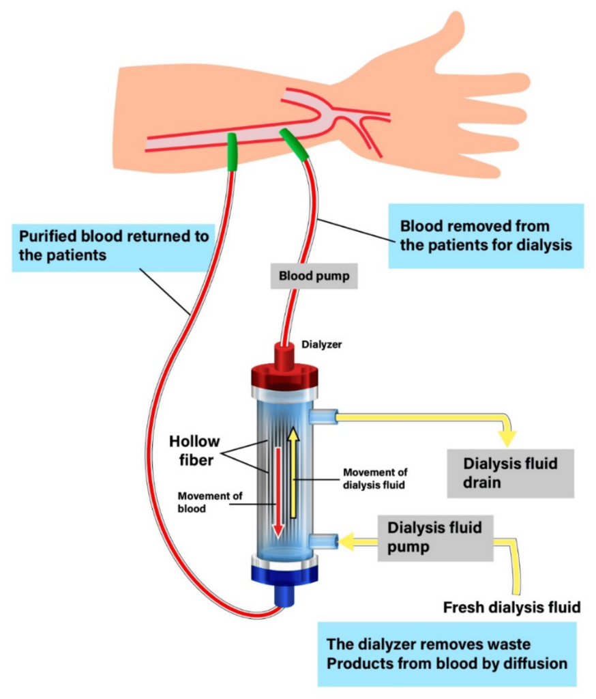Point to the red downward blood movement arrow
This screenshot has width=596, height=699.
278,491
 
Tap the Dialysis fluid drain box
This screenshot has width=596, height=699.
509,473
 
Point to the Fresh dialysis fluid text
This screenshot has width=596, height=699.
511,607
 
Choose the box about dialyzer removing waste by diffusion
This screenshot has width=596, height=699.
446,654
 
